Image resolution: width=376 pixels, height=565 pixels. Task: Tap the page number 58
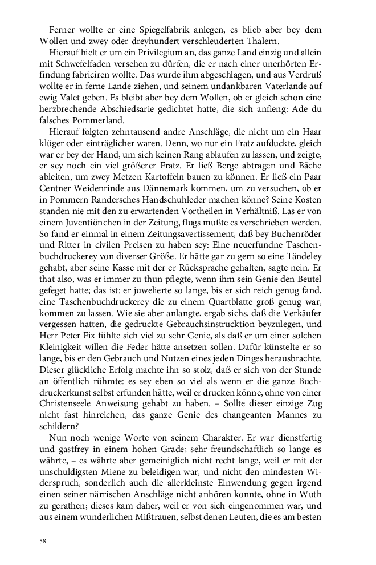click(x=43, y=540)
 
